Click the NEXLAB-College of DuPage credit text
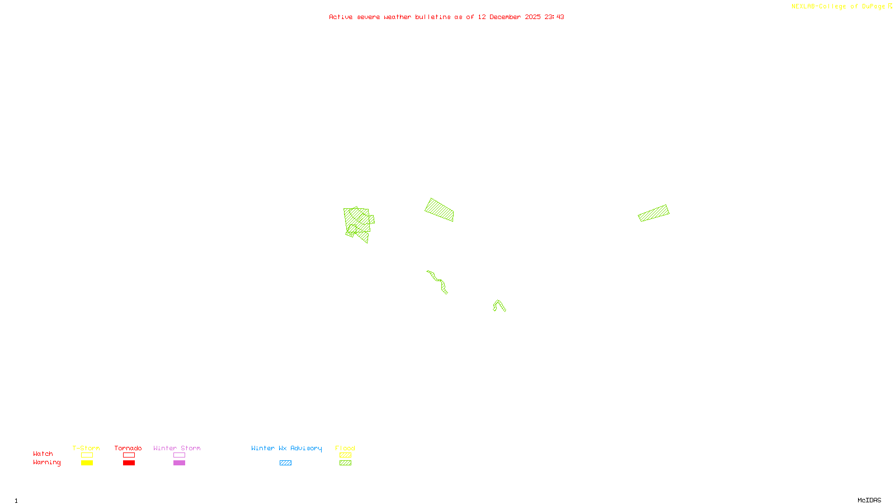tap(838, 7)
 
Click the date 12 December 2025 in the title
tap(509, 17)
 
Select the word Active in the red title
tap(341, 17)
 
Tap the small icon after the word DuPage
tap(890, 6)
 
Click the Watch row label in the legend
tap(43, 454)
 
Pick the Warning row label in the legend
tap(46, 463)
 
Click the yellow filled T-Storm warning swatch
tap(87, 463)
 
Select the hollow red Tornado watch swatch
tap(129, 455)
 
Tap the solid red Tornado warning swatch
tap(129, 463)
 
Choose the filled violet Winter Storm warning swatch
tap(179, 463)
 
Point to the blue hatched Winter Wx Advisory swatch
tap(285, 463)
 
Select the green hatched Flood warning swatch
tap(345, 463)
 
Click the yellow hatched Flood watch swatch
tap(345, 455)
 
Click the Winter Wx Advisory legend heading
tap(286, 448)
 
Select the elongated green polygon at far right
tap(653, 213)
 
